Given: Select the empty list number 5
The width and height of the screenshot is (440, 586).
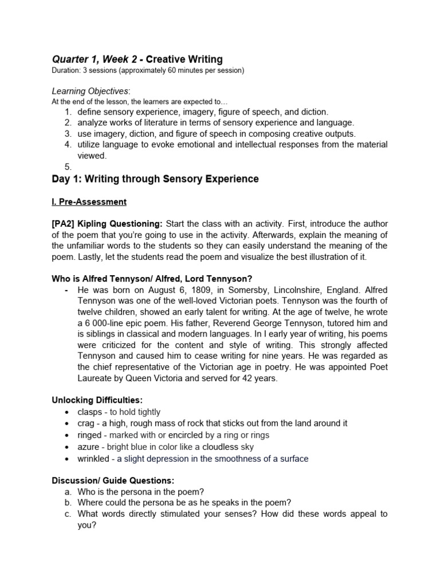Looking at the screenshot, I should [68, 167].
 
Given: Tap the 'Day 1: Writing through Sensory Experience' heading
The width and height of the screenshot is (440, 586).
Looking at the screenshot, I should [155, 179].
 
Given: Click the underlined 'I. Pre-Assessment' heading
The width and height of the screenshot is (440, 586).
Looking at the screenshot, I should [89, 202].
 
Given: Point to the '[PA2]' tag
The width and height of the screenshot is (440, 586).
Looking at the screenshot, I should [64, 223].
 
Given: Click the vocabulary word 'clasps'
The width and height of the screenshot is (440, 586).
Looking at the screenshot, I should [89, 412].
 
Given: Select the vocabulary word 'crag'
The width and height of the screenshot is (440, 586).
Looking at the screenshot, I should [87, 423].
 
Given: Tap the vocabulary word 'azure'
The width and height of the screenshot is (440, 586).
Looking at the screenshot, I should [88, 447].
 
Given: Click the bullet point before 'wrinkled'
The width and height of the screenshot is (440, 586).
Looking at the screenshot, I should [67, 459].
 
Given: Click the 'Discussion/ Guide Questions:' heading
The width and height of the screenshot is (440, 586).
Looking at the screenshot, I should [113, 480].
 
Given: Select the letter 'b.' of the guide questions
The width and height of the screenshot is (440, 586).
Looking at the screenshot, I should [68, 502].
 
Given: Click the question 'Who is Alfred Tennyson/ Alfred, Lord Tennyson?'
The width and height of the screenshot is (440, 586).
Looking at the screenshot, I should [152, 279].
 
